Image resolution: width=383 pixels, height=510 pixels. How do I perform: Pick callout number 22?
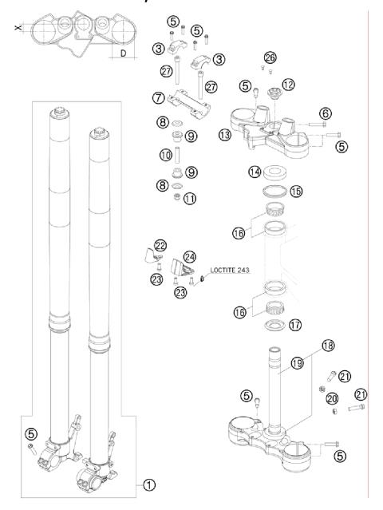(x=160, y=245)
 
